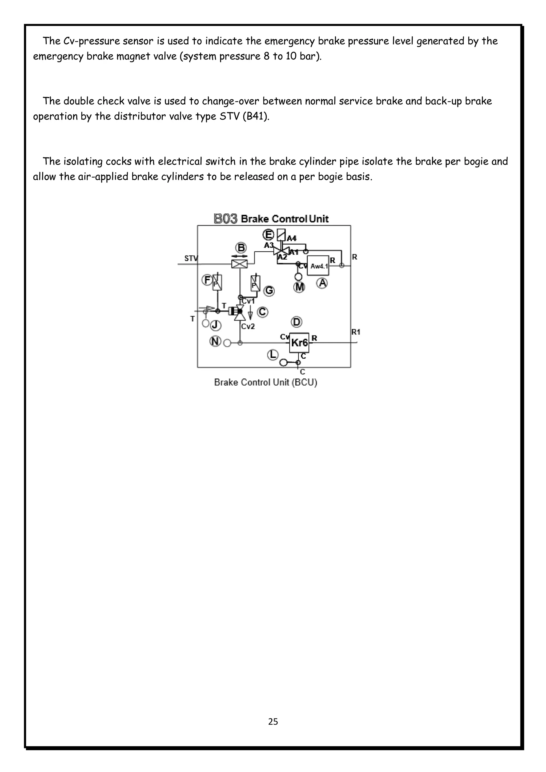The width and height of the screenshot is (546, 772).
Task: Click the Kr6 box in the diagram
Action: [299, 343]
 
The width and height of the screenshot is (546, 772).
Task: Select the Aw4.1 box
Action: [318, 266]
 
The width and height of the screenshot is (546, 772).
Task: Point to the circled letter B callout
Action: [241, 248]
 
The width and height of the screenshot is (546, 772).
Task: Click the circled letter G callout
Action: [269, 290]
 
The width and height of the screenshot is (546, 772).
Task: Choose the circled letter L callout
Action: [272, 354]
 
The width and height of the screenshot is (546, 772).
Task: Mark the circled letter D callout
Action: [296, 322]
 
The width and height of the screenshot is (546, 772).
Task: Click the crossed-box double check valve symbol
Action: [239, 264]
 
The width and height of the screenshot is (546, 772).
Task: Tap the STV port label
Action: [191, 258]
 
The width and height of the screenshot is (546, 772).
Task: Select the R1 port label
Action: [356, 332]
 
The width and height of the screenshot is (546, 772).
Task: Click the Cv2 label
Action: [248, 326]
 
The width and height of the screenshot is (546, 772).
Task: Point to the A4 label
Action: [292, 239]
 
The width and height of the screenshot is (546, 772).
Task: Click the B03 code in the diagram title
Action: [225, 219]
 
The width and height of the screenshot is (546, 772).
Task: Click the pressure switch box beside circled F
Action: [217, 283]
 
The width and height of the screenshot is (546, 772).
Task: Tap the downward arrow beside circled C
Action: [250, 314]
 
